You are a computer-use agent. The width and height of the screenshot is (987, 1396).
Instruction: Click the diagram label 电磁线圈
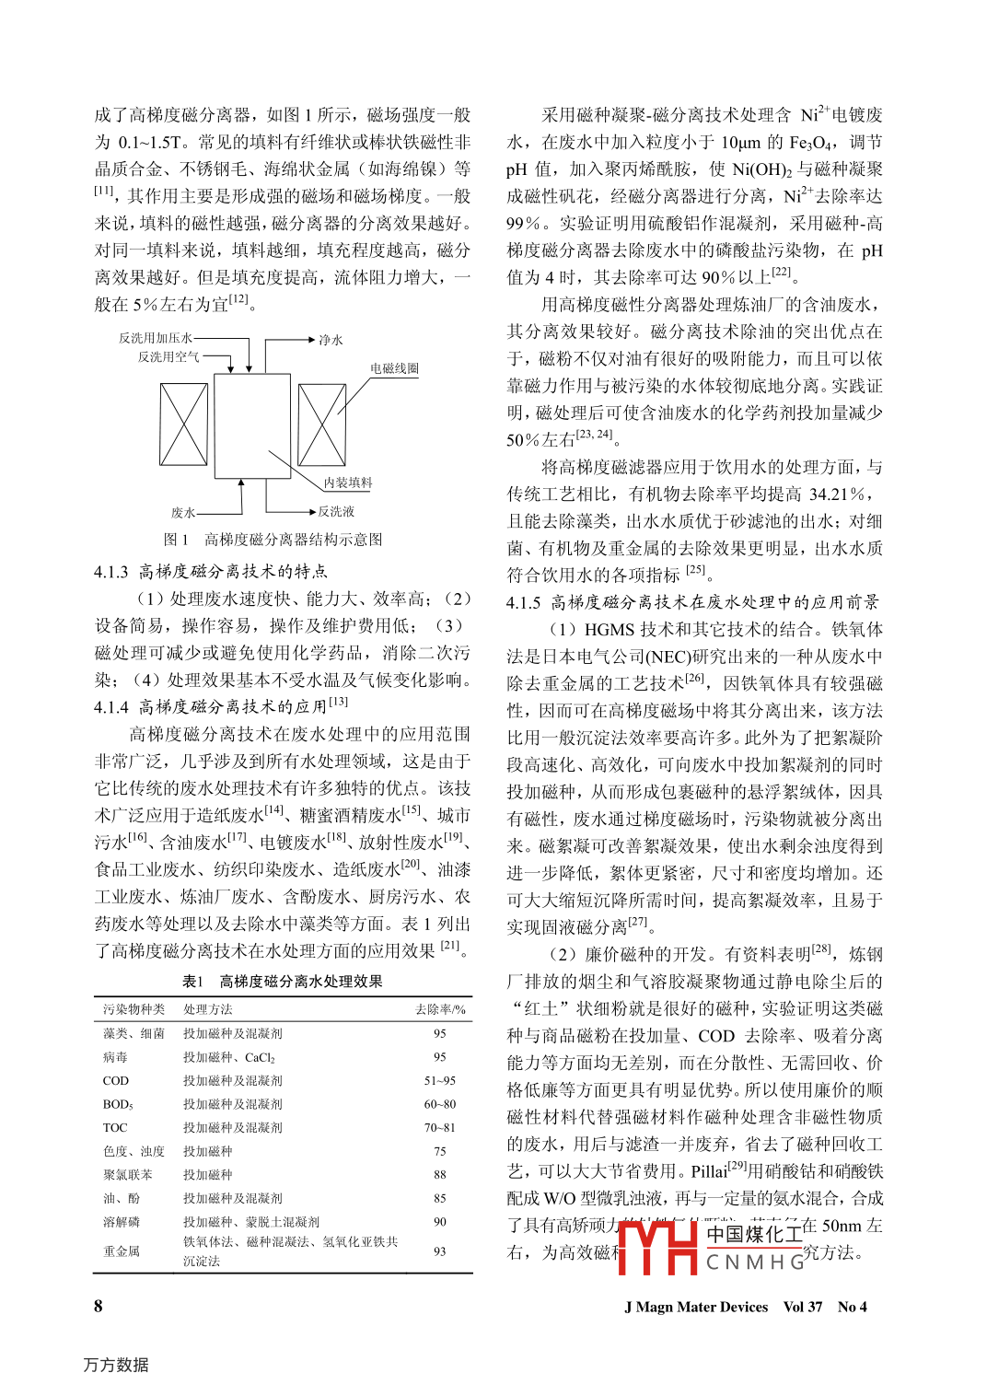[x=394, y=368]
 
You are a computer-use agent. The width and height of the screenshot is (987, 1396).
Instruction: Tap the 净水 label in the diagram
[x=331, y=340]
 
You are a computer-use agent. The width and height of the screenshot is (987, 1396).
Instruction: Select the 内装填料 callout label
[x=347, y=483]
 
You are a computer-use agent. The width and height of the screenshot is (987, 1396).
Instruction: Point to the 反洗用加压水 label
[x=155, y=338]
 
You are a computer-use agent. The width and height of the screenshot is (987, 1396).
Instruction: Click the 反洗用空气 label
[x=168, y=356]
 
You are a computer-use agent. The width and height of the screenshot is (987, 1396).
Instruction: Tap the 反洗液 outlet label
[x=336, y=511]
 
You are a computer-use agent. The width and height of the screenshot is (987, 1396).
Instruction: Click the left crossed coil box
[x=184, y=425]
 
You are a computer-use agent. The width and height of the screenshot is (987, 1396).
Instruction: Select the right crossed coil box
[x=322, y=425]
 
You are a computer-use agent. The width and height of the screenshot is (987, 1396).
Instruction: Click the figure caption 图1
[x=176, y=540]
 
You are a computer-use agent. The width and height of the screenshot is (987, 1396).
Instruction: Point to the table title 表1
[x=192, y=982]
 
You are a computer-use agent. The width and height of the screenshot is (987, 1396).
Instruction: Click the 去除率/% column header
[x=440, y=1009]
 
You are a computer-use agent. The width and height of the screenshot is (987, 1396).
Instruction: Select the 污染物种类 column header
[x=134, y=1009]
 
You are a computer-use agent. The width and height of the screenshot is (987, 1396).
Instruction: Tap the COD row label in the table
[x=116, y=1080]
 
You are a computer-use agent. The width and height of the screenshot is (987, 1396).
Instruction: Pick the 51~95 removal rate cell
[x=440, y=1080]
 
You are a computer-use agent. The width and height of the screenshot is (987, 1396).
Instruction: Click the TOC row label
[x=115, y=1127]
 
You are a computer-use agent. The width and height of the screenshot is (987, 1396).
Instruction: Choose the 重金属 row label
[x=122, y=1251]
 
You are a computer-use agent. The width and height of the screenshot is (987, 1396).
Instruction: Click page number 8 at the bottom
[x=99, y=1306]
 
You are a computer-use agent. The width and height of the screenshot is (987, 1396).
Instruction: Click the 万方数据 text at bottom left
[x=116, y=1365]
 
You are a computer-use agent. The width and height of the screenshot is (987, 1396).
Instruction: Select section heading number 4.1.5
[x=524, y=602]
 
